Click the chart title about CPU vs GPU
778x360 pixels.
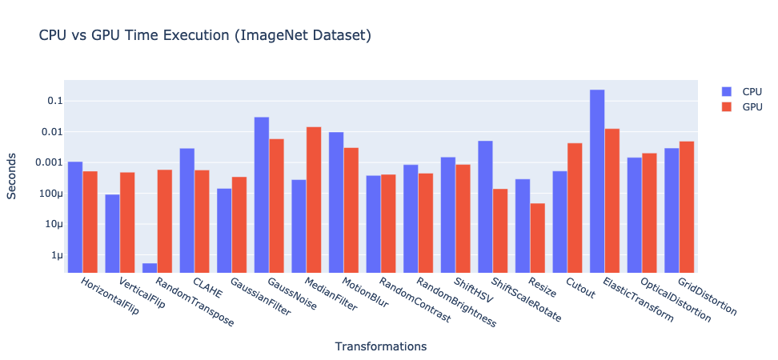tap(204, 36)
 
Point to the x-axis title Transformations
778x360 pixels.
tap(380, 346)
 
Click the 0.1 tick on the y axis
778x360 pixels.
tap(54, 101)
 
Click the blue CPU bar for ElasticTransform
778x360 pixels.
tap(597, 181)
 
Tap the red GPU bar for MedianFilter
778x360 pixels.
tap(314, 200)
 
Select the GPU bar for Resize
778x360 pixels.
tap(537, 238)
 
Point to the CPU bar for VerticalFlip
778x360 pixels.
tap(112, 233)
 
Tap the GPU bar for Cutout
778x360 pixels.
tap(575, 208)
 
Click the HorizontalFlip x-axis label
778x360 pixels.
tap(110, 298)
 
